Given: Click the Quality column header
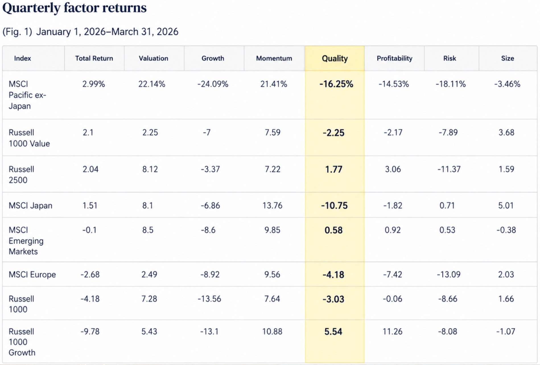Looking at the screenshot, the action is tap(335, 58).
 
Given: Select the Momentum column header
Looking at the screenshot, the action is tap(274, 58).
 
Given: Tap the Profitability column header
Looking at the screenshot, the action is tap(394, 58).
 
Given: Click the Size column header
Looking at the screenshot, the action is tap(508, 58).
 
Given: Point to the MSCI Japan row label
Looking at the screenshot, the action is tap(30, 206).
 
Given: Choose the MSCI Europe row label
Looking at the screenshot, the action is tap(32, 275).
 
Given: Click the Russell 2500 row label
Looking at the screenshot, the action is tap(21, 175).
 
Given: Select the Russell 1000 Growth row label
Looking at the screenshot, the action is tap(22, 342).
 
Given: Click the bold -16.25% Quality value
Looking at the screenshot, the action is tap(336, 84).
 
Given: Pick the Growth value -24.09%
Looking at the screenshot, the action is tap(213, 84).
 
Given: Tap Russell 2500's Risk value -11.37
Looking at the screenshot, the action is tap(449, 169).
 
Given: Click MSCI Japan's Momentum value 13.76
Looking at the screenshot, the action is tap(272, 206).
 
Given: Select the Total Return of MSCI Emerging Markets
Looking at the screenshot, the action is tap(89, 230).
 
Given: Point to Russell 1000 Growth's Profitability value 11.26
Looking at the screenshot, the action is tap(392, 331).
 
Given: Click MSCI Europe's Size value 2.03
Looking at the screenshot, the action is tap(506, 275).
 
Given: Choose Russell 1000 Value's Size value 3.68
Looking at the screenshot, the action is tap(506, 132).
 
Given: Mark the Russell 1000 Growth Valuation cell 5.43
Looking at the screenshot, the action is tap(149, 331).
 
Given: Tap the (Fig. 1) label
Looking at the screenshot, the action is tap(17, 32).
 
